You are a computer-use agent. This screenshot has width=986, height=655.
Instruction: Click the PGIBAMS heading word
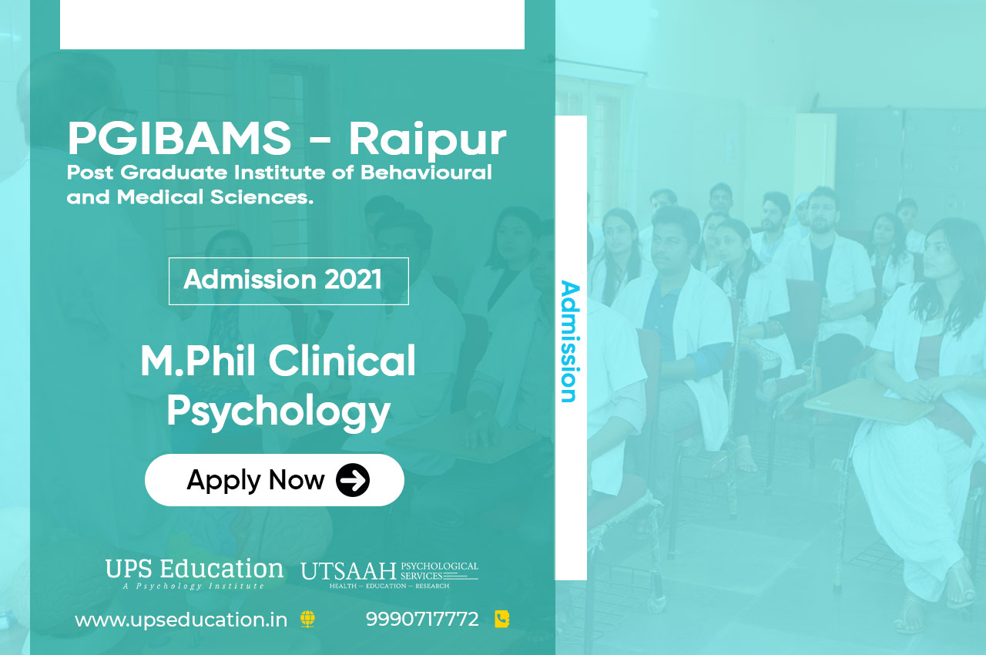179,138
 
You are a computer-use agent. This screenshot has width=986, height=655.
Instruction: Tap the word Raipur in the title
428,140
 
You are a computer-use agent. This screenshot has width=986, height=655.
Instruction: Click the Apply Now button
274,480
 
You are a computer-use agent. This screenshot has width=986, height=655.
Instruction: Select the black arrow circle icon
353,480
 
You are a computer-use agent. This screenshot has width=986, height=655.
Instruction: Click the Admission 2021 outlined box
289,281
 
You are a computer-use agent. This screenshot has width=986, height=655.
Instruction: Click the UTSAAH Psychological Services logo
390,575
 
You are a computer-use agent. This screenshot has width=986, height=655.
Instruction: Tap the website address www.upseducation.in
181,620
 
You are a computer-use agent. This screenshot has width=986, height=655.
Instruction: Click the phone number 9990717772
422,620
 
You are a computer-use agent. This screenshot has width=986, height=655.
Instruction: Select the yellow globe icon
307,620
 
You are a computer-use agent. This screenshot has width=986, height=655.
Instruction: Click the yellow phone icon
501,619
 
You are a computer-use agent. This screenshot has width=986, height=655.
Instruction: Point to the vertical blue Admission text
570,341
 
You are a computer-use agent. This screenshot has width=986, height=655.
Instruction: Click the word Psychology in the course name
278,410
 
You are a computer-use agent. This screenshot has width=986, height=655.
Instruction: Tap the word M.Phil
198,361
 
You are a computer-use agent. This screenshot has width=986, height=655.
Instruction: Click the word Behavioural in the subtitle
426,172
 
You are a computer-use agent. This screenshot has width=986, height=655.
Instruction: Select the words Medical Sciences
215,197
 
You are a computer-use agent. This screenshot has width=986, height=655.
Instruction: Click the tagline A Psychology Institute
193,586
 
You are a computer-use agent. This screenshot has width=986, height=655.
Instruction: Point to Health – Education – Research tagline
389,586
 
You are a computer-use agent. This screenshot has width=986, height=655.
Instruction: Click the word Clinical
342,361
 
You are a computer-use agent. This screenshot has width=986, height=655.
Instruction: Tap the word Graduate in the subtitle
174,172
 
